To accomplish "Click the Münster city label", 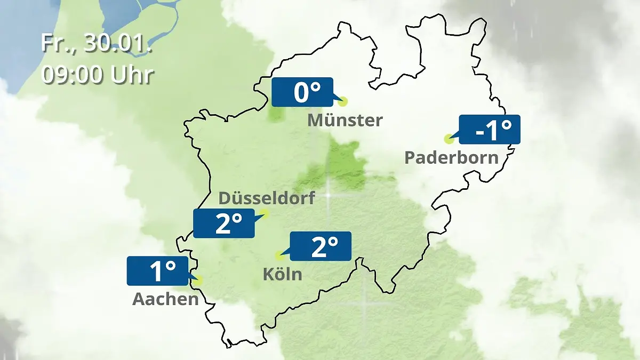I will (x=345, y=121).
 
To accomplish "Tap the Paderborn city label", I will (x=451, y=158).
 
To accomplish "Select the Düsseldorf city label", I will (x=267, y=198).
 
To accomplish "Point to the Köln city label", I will (x=282, y=275).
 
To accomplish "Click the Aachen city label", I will (x=165, y=299).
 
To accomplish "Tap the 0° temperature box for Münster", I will (x=302, y=92).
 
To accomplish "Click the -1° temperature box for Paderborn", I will (x=489, y=130).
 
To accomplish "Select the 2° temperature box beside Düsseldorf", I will (x=224, y=223).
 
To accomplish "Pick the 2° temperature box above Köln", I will (x=320, y=246).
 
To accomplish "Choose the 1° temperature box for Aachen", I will (x=158, y=271).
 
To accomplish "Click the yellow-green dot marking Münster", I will (x=343, y=101).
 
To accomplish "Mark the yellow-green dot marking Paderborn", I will (x=449, y=139).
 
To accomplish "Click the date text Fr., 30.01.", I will (x=97, y=43).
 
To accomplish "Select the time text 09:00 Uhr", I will (x=98, y=75).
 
